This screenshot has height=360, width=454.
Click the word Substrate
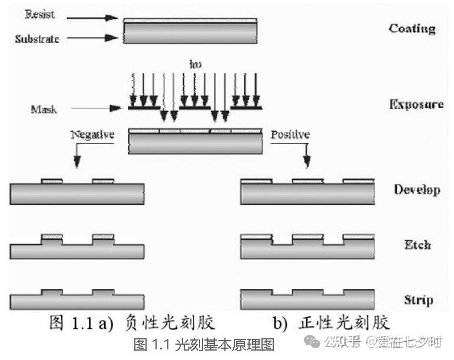(x=37, y=38)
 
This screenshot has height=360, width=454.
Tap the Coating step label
(x=412, y=28)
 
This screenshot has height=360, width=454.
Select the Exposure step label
(x=416, y=104)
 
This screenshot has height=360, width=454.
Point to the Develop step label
(x=416, y=189)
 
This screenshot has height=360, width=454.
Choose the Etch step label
(x=417, y=245)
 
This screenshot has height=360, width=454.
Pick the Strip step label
(x=418, y=299)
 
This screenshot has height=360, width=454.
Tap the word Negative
(x=92, y=135)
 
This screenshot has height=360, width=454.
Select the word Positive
(x=290, y=135)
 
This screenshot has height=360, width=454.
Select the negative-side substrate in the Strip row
(x=77, y=301)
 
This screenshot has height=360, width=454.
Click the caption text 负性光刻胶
(x=170, y=323)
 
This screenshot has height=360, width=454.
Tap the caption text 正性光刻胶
(x=347, y=323)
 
